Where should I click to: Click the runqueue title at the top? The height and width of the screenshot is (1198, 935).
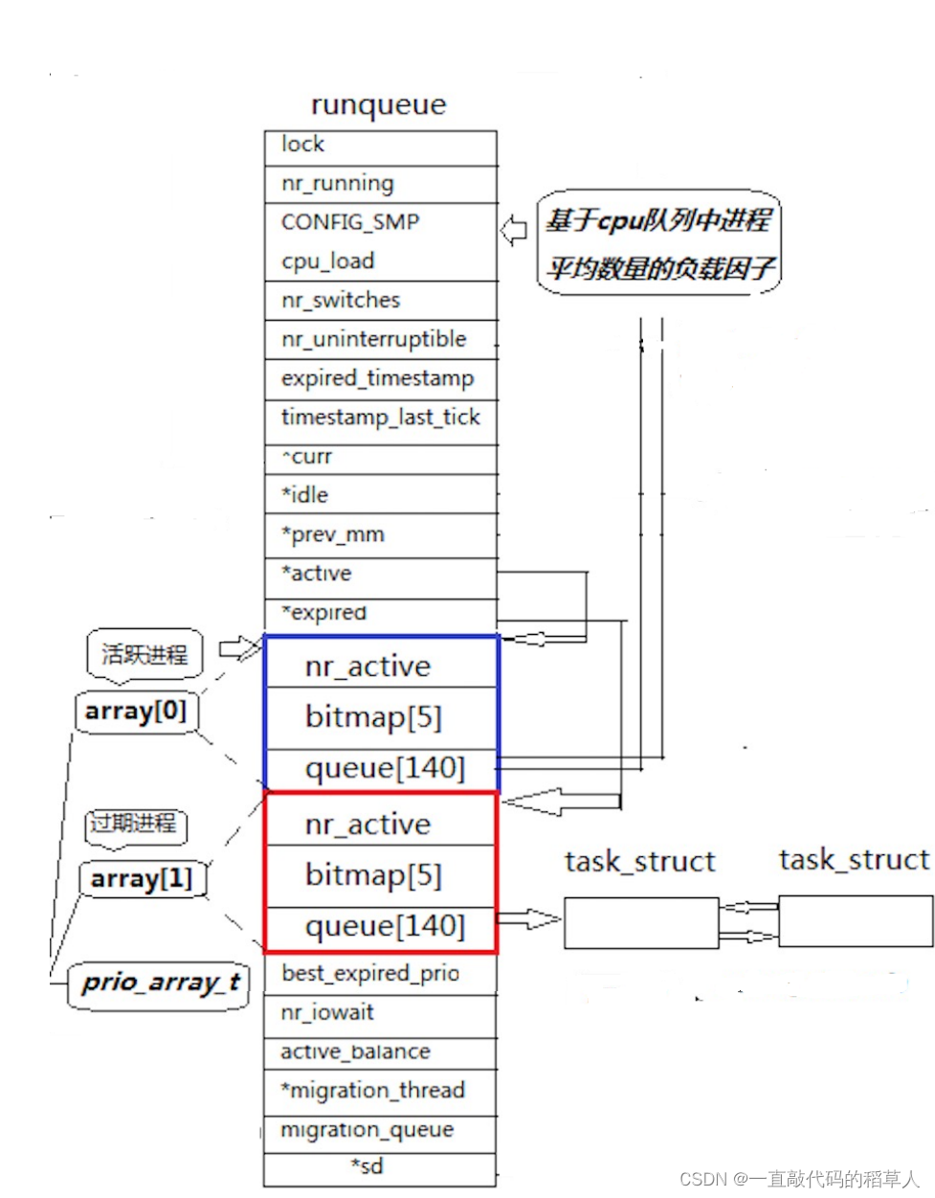coord(379,104)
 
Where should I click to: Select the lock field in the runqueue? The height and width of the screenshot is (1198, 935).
coord(380,146)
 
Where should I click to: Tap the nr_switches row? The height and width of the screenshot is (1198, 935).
coord(380,301)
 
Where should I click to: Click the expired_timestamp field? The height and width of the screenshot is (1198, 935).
coord(380,378)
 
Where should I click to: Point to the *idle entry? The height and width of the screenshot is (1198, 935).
coord(380,495)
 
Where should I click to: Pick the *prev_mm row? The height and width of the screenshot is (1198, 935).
coord(380,534)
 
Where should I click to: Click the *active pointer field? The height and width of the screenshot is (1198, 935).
coord(380,574)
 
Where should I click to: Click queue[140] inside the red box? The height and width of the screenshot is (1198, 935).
coord(383,926)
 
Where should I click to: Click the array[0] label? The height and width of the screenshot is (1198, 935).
coord(135,712)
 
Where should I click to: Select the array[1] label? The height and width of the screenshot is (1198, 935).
coord(142,879)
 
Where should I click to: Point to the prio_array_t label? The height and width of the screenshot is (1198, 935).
coord(158,983)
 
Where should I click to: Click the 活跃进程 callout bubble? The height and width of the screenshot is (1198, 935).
coord(145,655)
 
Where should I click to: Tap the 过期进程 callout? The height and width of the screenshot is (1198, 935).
coord(134,825)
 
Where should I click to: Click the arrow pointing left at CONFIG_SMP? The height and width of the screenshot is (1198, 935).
coord(514,231)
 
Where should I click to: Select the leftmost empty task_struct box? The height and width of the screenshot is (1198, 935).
coord(640,922)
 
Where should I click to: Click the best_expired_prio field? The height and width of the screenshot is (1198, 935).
coord(380,974)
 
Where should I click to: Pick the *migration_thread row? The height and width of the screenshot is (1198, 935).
coord(380,1091)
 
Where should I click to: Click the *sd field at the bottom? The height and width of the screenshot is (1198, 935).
coord(367,1166)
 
